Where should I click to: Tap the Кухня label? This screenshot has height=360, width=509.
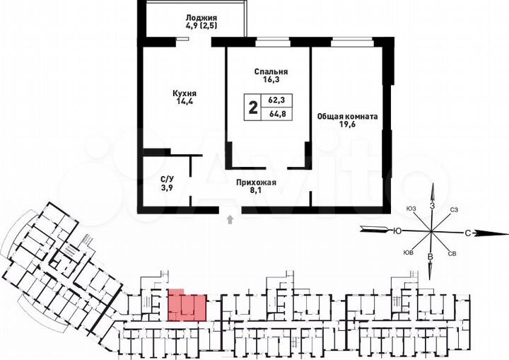(x=184, y=93)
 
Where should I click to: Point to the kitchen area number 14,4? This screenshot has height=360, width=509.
(x=184, y=102)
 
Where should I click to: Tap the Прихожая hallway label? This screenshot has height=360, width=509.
(x=255, y=182)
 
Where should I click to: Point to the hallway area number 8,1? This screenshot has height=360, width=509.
(x=255, y=191)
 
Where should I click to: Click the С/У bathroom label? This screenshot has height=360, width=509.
(x=167, y=179)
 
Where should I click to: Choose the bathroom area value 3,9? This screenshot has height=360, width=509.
(x=167, y=189)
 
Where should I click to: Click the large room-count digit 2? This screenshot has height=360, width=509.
(x=252, y=108)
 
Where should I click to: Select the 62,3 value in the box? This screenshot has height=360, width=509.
(x=276, y=102)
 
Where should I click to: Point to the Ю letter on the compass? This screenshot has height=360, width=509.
(x=397, y=230)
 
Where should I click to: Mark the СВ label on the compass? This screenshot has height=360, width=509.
(x=452, y=253)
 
